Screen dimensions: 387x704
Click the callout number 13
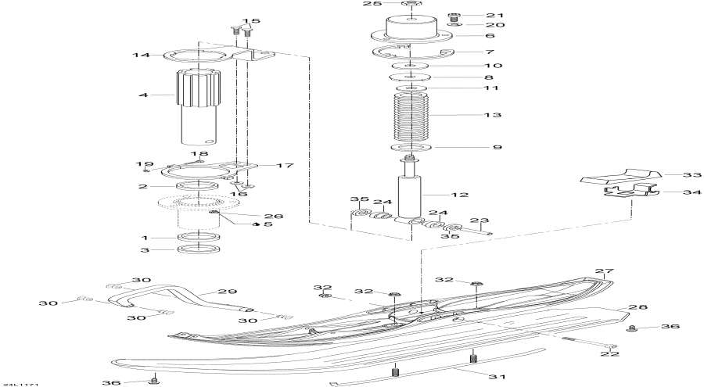click(493, 115)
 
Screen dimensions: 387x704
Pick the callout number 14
click(141, 56)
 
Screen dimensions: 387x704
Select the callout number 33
click(693, 175)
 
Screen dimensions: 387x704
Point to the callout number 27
click(602, 272)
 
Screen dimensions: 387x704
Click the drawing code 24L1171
click(21, 382)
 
